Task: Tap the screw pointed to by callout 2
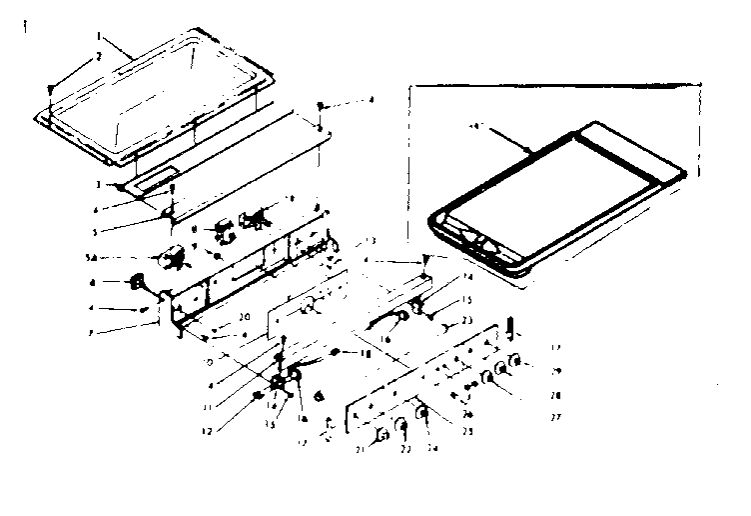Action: [51, 89]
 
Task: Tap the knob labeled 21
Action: [381, 435]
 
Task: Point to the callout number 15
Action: [465, 300]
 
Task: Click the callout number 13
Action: [371, 241]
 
